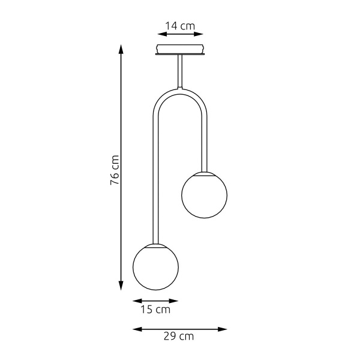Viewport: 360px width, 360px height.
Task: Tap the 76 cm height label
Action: (x=115, y=170)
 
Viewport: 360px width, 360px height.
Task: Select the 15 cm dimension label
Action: (x=155, y=310)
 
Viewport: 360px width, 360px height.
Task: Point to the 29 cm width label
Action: (x=179, y=337)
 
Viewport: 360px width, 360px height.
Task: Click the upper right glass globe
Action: (x=205, y=195)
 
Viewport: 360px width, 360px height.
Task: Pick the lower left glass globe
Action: (x=155, y=266)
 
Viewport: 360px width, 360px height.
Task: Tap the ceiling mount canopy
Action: (x=180, y=48)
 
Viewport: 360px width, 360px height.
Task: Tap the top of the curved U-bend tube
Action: (x=180, y=91)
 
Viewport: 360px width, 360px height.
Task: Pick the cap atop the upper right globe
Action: (x=205, y=173)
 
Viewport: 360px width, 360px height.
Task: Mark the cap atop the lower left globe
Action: (x=155, y=245)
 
